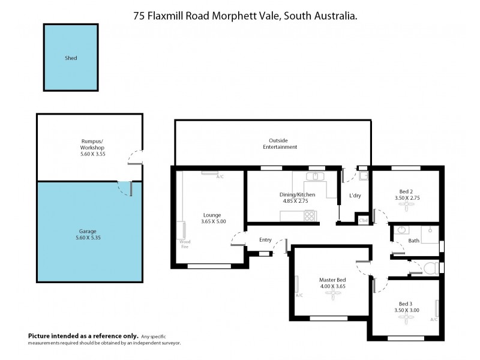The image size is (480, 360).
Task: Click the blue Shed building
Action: tap(71, 58)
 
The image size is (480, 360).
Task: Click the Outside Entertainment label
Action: tap(280, 143)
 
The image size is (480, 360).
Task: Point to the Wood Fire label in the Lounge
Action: tap(184, 244)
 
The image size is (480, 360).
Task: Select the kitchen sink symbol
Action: tap(314, 177)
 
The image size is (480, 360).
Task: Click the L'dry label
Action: tap(355, 195)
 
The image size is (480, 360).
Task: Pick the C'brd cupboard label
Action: tap(363, 221)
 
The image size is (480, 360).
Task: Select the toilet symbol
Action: tap(430, 266)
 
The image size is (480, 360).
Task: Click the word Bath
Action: tap(413, 241)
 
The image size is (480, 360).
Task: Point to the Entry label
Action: tap(265, 240)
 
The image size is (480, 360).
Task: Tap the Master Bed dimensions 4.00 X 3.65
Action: tap(332, 286)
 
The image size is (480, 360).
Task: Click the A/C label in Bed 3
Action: tap(434, 319)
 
